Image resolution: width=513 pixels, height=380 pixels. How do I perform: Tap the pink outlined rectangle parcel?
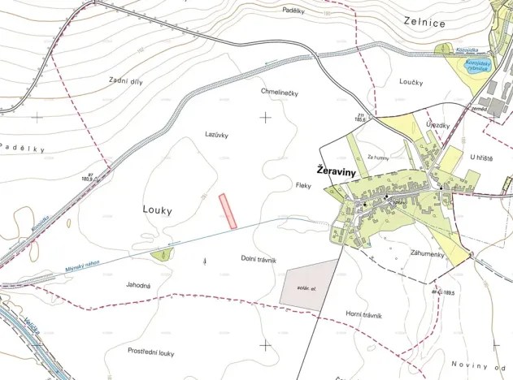point(228,211)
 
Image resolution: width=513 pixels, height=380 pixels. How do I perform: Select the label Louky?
point(158,210)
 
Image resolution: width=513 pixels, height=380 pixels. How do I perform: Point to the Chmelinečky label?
point(280,93)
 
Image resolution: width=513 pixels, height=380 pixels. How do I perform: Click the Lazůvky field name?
point(215,134)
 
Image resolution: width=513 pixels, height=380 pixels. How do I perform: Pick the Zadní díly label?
point(124,80)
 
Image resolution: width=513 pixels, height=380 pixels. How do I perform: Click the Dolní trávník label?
point(259,260)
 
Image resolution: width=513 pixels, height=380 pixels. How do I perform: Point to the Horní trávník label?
point(363,315)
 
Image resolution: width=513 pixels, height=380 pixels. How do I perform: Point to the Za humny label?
point(380,157)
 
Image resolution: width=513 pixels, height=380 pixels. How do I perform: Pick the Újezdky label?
point(437,126)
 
